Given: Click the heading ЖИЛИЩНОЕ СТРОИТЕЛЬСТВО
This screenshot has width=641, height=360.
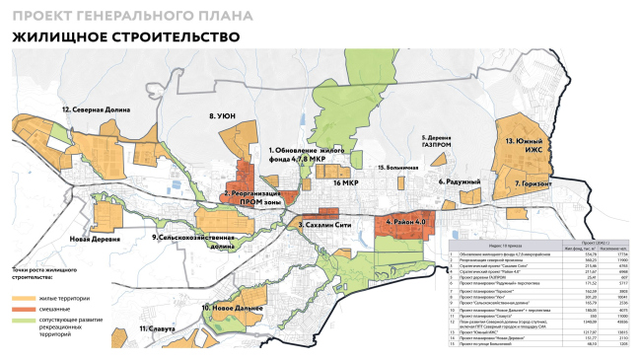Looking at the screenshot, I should (125, 37).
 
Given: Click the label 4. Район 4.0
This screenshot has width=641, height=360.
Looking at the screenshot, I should (405, 222).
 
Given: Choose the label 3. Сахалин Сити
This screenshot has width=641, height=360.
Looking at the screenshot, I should (324, 225).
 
